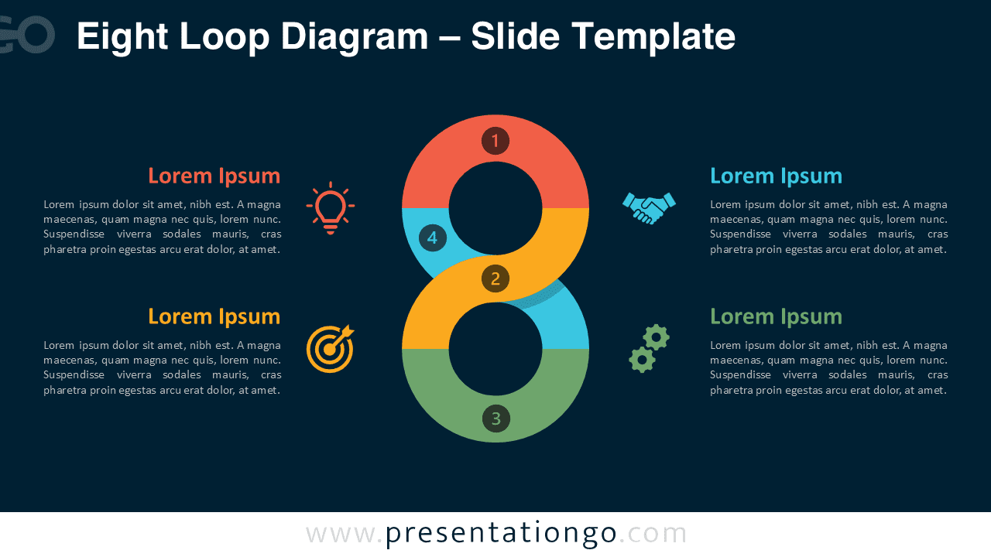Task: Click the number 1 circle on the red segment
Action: (495, 141)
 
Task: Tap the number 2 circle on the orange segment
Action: (495, 278)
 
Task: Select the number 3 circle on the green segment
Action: (496, 419)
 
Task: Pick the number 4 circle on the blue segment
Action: (433, 237)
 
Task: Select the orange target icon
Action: (331, 348)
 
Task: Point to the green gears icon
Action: (649, 348)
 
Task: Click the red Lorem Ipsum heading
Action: (214, 176)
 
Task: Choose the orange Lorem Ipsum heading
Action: (214, 316)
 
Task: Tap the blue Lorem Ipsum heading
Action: (776, 176)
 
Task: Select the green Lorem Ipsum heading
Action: (776, 316)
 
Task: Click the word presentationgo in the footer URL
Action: (501, 533)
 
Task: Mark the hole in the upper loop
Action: (495, 208)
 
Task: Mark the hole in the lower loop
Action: (495, 349)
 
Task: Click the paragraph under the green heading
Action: (828, 367)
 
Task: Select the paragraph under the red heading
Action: (163, 227)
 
